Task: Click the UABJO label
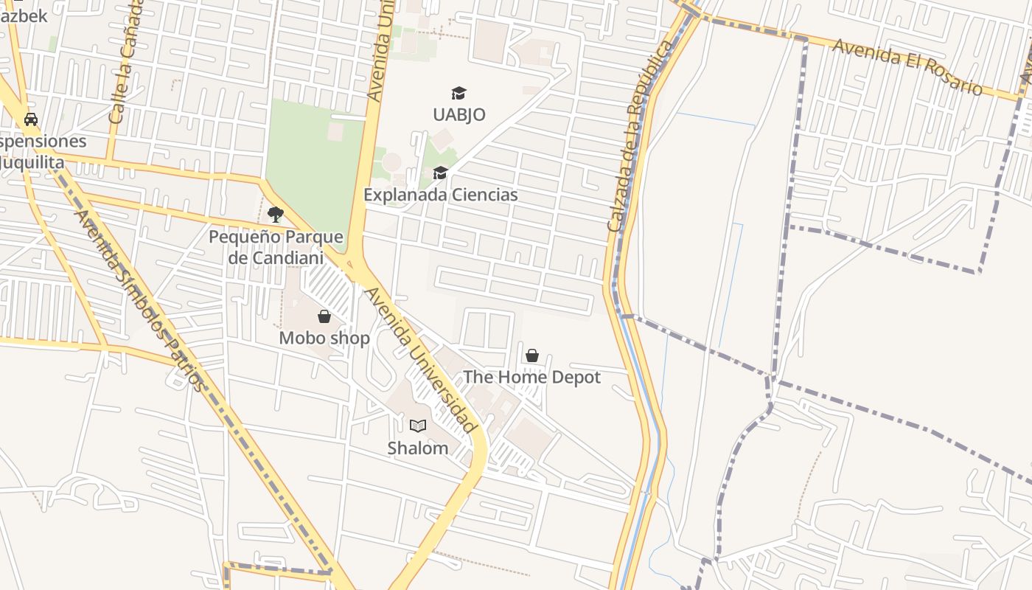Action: click(459, 114)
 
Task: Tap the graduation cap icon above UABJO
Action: click(459, 93)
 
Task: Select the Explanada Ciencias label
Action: click(441, 195)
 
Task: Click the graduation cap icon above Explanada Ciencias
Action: click(441, 173)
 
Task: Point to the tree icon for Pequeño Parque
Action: click(276, 215)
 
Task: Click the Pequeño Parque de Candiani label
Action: click(276, 248)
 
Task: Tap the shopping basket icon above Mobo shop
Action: click(324, 317)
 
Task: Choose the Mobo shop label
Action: click(324, 339)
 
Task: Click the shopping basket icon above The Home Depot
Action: click(532, 356)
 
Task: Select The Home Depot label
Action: click(532, 378)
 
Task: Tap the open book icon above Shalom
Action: click(418, 426)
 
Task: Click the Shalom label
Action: click(418, 448)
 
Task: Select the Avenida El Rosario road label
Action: click(907, 67)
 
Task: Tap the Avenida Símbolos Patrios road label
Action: click(138, 299)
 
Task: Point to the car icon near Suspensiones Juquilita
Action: click(31, 119)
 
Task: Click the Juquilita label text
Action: click(33, 162)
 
